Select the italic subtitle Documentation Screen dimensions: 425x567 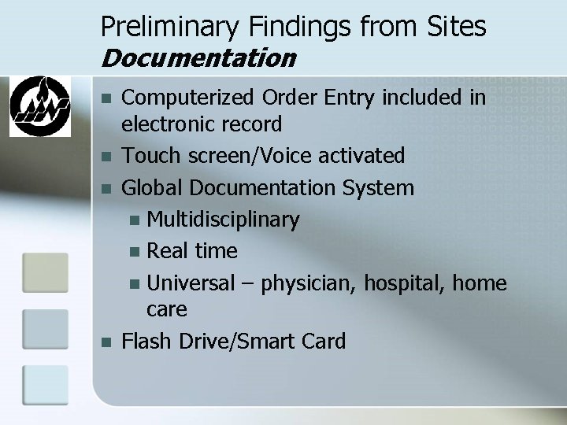pyautogui.click(x=198, y=58)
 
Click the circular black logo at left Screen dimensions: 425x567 pyautogui.click(x=39, y=105)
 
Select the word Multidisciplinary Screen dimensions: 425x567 pyautogui.click(x=223, y=219)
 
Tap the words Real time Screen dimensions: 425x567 pyautogui.click(x=192, y=250)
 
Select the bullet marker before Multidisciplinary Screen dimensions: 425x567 pyautogui.click(x=137, y=220)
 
